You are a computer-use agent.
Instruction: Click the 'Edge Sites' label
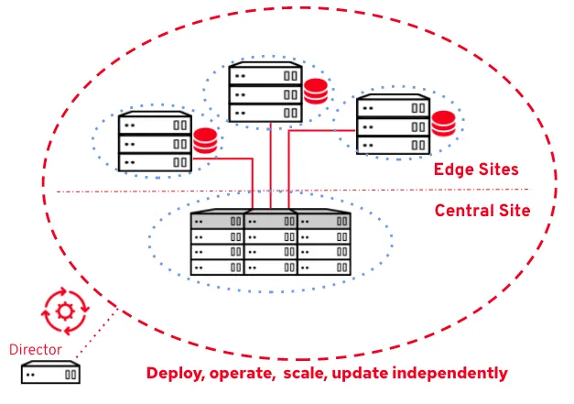(476, 169)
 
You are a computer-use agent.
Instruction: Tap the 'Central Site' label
(482, 210)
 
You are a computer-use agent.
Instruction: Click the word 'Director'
(36, 349)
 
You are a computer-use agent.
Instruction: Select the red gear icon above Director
(65, 311)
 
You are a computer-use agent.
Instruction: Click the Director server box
(51, 373)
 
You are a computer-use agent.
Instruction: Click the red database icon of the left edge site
(205, 142)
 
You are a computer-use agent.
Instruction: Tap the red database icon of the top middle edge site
(316, 92)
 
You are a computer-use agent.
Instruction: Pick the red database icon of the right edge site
(444, 122)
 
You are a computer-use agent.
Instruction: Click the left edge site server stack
(155, 142)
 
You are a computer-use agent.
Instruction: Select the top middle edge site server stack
(265, 93)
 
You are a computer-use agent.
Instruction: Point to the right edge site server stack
(393, 125)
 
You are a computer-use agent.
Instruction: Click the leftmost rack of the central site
(217, 244)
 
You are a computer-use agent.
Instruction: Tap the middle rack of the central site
(270, 244)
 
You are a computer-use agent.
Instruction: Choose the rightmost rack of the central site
(323, 244)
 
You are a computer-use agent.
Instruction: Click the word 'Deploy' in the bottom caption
(175, 374)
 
